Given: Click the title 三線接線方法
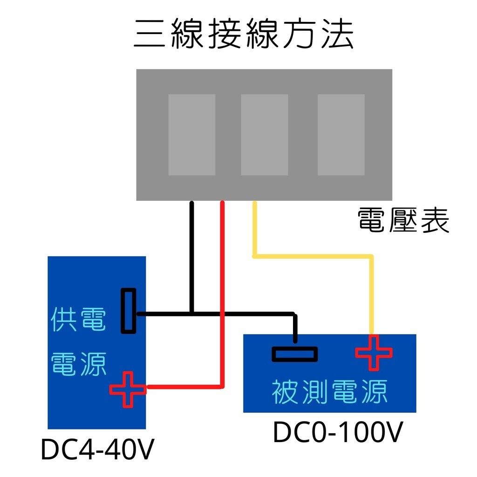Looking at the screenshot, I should click(244, 34).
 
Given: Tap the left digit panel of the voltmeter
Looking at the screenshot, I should click(191, 135).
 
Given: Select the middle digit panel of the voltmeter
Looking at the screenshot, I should click(264, 135).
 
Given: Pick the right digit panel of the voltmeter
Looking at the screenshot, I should click(341, 135).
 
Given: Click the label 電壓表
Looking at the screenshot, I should click(403, 220).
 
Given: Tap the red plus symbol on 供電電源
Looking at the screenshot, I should click(128, 389).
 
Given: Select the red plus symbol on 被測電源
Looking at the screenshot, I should click(374, 353).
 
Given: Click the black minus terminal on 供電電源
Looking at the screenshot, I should click(129, 311).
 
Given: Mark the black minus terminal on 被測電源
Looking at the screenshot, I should click(295, 354).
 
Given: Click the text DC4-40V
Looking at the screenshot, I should click(97, 450).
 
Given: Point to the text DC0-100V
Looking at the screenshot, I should click(337, 433).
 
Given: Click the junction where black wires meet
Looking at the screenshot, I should click(191, 313).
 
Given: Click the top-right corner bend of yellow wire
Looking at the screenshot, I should click(371, 256).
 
